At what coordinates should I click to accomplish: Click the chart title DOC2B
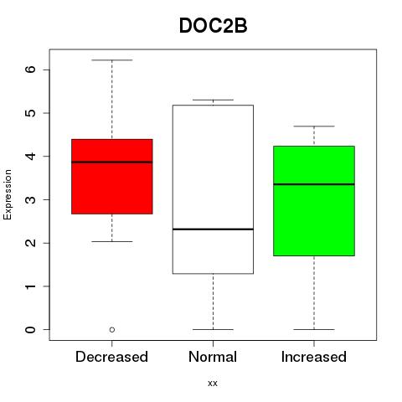coord(213,26)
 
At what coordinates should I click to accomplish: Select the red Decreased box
coord(112,177)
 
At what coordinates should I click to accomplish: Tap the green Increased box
coord(314,201)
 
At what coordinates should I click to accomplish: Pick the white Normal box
coord(213,189)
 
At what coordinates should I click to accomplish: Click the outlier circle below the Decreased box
coord(112,330)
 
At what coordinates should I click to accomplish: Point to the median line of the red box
coord(112,162)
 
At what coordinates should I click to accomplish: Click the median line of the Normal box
coord(213,229)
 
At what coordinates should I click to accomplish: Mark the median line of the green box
coord(314,184)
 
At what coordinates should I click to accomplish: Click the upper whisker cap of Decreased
coord(112,60)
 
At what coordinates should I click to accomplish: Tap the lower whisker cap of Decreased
coord(112,241)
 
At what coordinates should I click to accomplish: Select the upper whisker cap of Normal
coord(213,100)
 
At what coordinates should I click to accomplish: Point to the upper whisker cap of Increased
coord(314,126)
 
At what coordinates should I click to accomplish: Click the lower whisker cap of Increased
coord(314,329)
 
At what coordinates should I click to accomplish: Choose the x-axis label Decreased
coord(111,357)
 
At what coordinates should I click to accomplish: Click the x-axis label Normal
coord(213,357)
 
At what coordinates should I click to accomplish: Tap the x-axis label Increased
coord(314,357)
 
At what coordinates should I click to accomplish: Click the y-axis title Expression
coord(8,194)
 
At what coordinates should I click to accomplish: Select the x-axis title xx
coord(213,384)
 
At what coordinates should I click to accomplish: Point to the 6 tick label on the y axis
coord(30,70)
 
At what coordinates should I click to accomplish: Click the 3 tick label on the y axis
coord(30,199)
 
